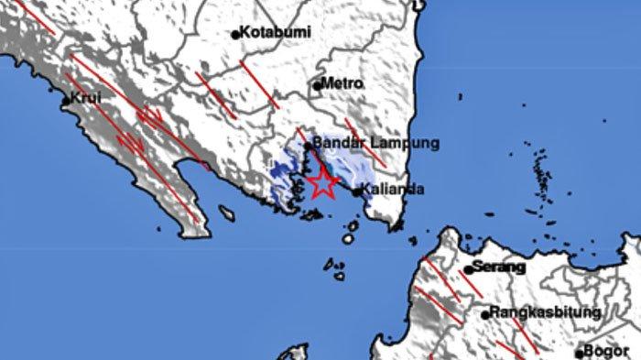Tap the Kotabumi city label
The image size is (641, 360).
pos(276,32)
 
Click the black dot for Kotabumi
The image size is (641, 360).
pos(235,35)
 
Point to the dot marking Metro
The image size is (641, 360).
pos(317,87)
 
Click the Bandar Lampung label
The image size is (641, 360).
pos(364,144)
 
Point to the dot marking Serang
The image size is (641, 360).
pos(467,270)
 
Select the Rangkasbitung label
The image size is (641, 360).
pos(546,312)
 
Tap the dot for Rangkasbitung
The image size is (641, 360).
pos(486,315)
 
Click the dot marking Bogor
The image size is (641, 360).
pos(580,353)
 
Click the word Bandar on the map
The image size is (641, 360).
pos(335,144)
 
